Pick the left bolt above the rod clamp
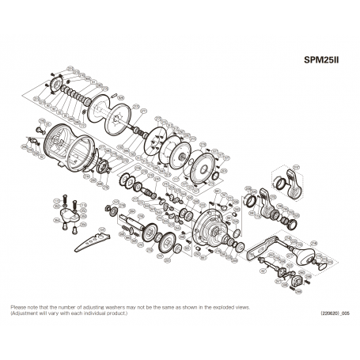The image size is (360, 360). pos(61,199)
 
